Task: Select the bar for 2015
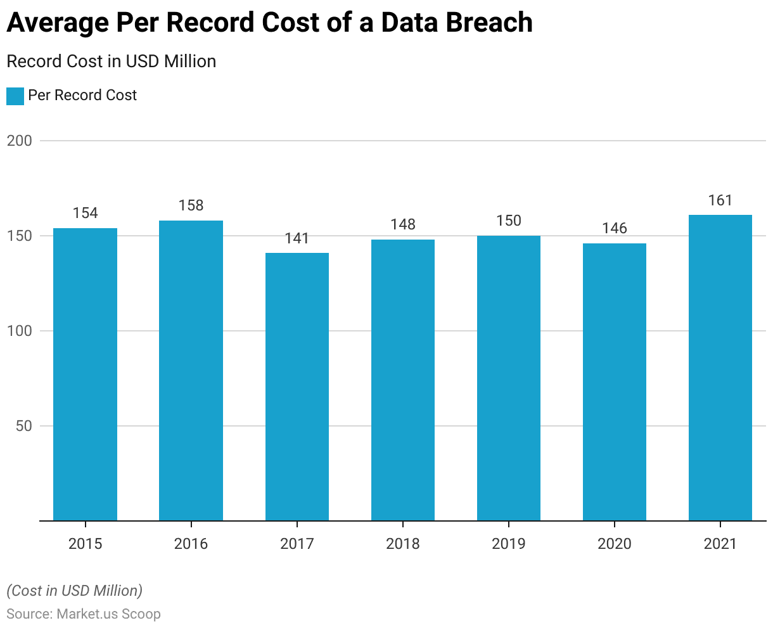click(85, 374)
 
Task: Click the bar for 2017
click(297, 387)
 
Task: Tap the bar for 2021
click(720, 368)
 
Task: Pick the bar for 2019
click(509, 378)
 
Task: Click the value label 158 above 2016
click(191, 205)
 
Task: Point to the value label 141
click(297, 238)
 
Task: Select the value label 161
click(720, 201)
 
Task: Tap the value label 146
click(615, 228)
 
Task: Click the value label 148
click(403, 224)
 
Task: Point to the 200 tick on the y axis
click(19, 141)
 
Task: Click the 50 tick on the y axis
click(23, 426)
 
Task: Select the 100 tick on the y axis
click(19, 331)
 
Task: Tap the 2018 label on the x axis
click(403, 544)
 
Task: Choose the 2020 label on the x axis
click(615, 544)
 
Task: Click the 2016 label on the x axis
click(191, 544)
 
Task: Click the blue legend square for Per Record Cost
click(15, 96)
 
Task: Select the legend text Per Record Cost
click(82, 96)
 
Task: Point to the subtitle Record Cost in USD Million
click(112, 61)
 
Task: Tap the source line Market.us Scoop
click(84, 614)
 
